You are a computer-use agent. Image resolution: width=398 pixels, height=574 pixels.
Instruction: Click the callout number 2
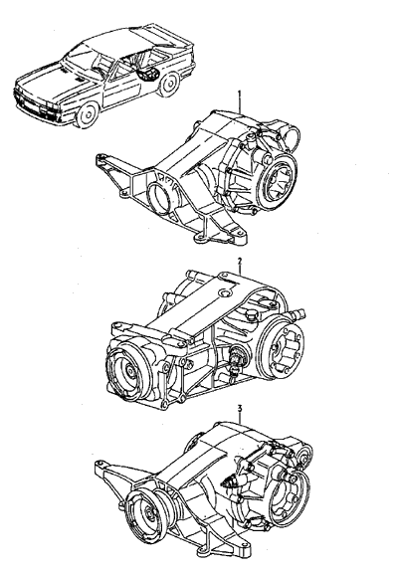click(x=239, y=261)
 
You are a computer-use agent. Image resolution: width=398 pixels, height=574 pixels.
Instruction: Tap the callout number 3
click(x=240, y=408)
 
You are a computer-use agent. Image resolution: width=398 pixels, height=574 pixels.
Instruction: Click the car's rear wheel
click(x=169, y=84)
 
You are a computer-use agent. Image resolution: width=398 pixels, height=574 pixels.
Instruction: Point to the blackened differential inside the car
click(x=147, y=74)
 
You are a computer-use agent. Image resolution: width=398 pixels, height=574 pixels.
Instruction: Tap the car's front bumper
click(x=36, y=105)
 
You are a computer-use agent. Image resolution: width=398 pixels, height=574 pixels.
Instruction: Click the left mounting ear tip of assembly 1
click(x=99, y=159)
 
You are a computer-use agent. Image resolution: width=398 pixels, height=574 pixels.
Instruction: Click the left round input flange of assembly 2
click(x=126, y=370)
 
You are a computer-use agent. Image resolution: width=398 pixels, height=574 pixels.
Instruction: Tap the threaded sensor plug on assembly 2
click(x=233, y=359)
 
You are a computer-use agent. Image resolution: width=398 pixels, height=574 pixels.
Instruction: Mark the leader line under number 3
click(x=240, y=417)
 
